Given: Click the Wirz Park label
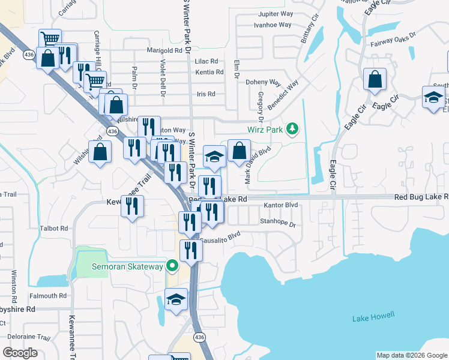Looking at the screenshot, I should coord(265,129).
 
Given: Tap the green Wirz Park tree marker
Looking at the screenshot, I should coord(292,128).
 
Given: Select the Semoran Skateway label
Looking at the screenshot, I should coord(127,266).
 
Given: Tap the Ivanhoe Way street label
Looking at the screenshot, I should coord(273,25).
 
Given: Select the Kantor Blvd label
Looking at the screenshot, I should coord(281,205).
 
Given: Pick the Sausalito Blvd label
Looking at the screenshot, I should coord(220,237).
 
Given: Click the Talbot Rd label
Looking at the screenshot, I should coord(55,229).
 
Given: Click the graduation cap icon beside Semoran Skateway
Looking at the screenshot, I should coord(176,299).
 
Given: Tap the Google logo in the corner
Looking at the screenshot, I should coord(20,353).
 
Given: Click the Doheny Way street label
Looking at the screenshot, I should coord(263,82).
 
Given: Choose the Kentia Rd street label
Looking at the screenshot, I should coord(209,72).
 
